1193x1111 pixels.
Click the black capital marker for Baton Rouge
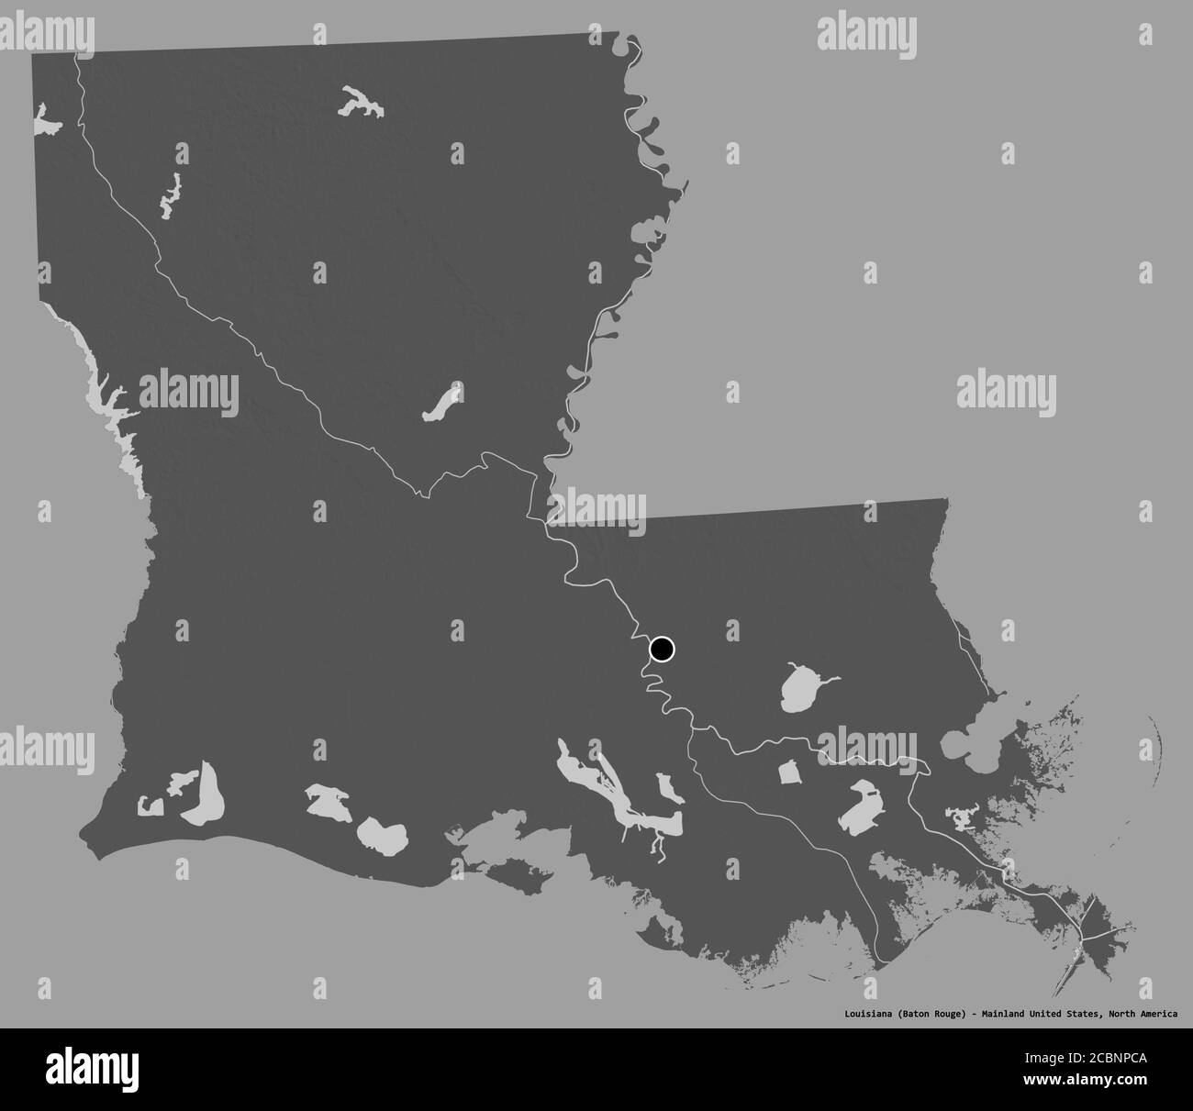pyautogui.click(x=662, y=650)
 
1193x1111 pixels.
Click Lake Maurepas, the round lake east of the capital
pyautogui.click(x=800, y=687)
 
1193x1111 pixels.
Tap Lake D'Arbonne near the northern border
pyautogui.click(x=361, y=103)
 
